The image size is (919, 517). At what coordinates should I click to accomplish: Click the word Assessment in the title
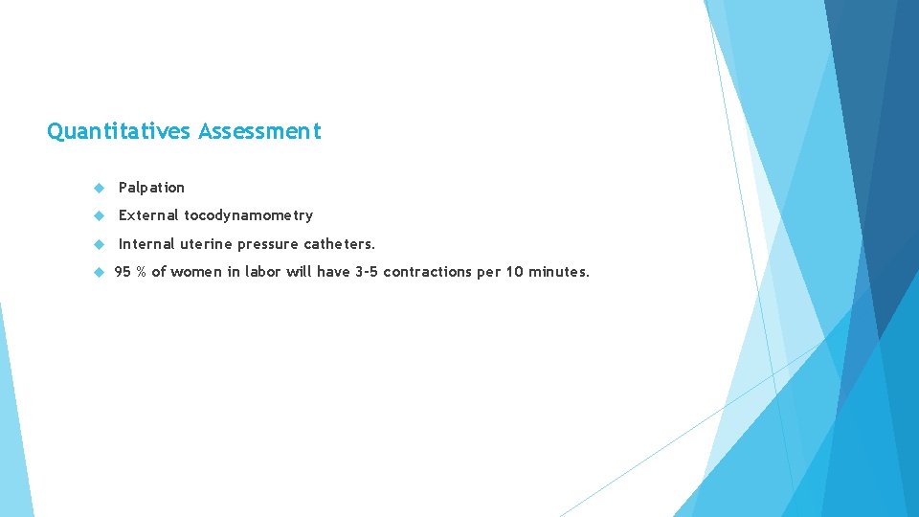click(x=259, y=131)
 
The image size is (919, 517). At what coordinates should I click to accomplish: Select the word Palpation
click(x=151, y=188)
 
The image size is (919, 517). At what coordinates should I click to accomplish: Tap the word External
click(x=148, y=215)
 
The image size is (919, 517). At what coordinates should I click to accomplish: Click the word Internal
click(x=146, y=243)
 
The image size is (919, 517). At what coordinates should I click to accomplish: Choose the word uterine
click(x=206, y=243)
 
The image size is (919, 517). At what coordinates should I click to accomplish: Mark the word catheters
click(x=340, y=243)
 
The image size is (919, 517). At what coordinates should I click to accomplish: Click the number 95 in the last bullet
click(x=123, y=272)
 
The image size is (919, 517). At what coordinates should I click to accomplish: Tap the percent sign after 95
click(x=141, y=272)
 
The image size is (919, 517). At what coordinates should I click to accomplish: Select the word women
click(x=196, y=272)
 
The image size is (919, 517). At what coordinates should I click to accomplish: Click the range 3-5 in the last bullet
click(x=367, y=272)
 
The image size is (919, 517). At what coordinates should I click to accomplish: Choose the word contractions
click(x=428, y=272)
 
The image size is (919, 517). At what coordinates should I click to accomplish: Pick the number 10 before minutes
click(x=514, y=272)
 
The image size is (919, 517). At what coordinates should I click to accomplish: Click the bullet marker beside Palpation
click(x=99, y=188)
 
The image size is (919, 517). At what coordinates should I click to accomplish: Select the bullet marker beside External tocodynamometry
click(x=99, y=215)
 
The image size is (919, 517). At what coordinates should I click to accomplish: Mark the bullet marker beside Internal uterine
click(x=99, y=243)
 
